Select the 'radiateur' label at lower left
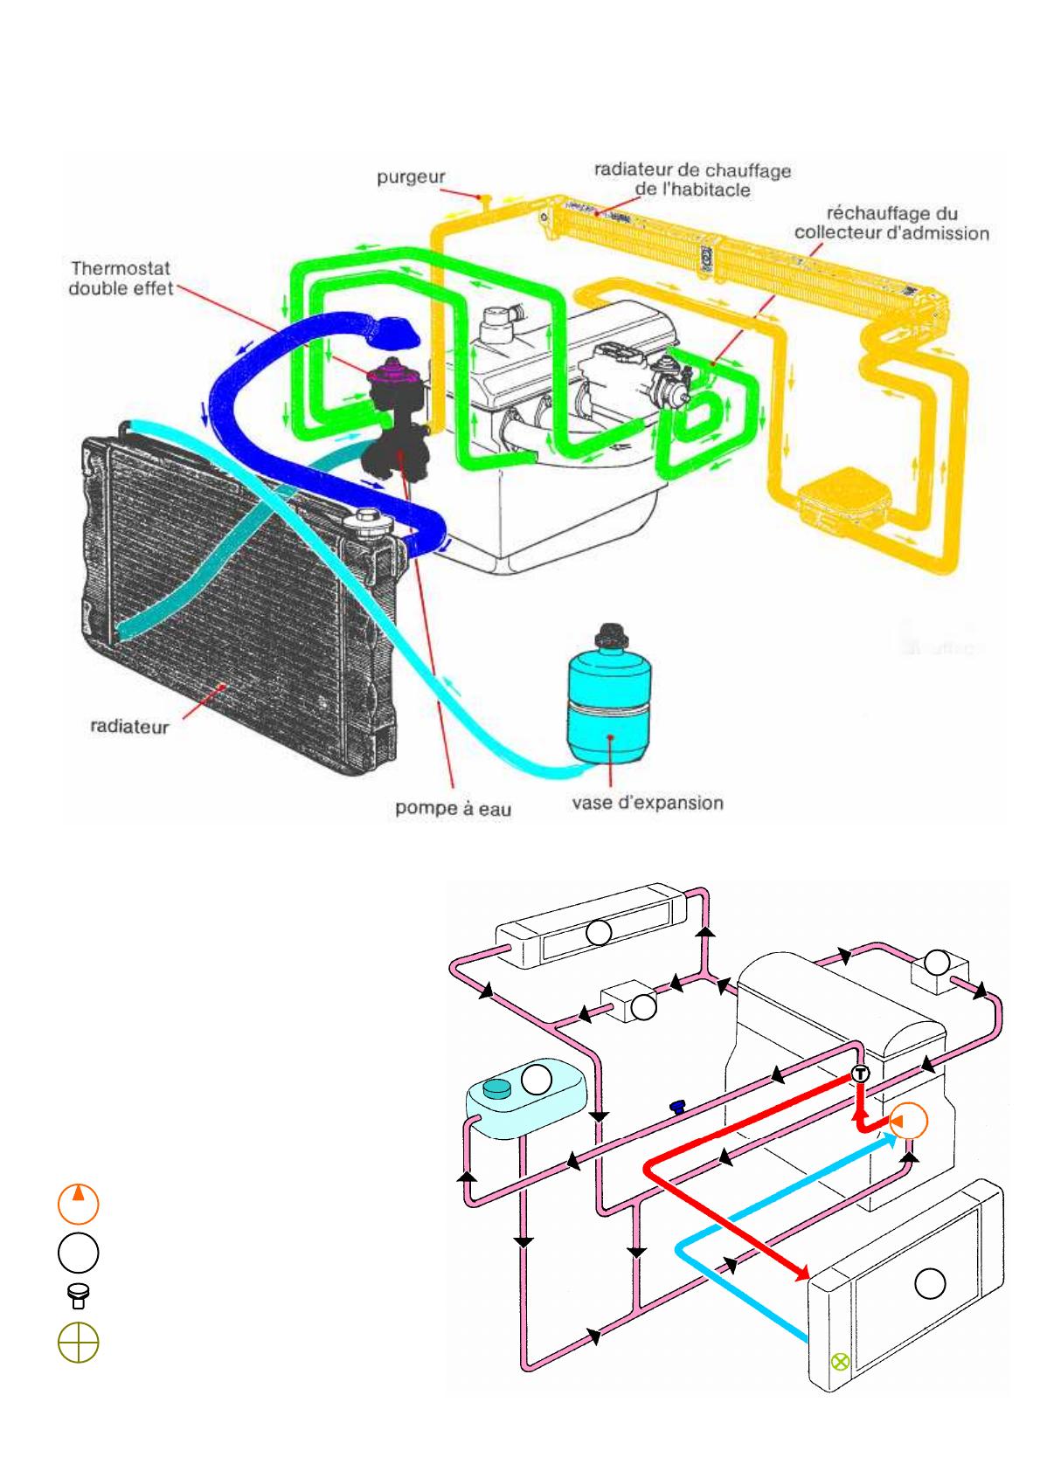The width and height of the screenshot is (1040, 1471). [x=129, y=726]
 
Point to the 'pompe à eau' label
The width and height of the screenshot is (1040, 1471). [x=453, y=809]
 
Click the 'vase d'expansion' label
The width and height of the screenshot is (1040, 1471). [x=648, y=802]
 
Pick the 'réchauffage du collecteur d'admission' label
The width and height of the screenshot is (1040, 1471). [x=891, y=223]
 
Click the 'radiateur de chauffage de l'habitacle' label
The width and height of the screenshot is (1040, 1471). [x=692, y=179]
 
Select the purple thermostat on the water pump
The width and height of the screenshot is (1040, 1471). [x=391, y=376]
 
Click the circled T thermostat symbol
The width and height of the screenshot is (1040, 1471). [x=860, y=1074]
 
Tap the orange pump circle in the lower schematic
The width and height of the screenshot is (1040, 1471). [x=908, y=1121]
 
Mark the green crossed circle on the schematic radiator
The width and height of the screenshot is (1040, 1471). [x=840, y=1360]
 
